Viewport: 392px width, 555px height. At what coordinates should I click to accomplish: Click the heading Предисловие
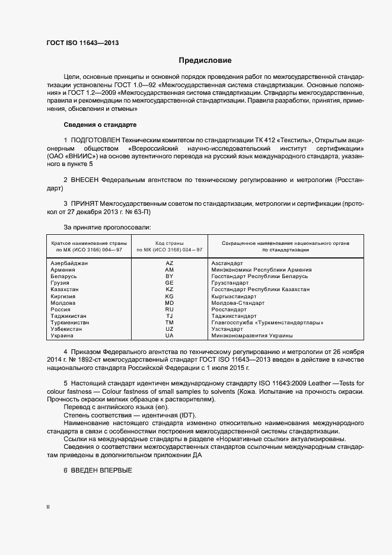pos(205,60)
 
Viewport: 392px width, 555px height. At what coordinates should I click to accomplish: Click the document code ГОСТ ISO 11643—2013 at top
pos(78,43)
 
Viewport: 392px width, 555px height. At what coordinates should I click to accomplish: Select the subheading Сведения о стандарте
pos(100,125)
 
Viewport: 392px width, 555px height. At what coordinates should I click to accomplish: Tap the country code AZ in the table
pos(169,263)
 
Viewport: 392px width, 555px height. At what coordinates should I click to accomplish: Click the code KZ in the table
pos(169,289)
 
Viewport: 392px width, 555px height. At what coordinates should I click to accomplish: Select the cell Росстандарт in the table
pos(228,310)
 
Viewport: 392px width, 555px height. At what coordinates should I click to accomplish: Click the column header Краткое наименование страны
pos(87,243)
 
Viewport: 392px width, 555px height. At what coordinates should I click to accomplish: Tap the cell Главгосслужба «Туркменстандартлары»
pos(267,323)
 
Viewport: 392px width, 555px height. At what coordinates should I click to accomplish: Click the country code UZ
pos(169,329)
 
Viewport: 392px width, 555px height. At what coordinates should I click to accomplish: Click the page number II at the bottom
pos(48,508)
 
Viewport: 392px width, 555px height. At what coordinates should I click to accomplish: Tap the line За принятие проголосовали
pos(107,227)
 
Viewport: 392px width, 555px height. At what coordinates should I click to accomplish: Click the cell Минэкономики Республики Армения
pos(262,270)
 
